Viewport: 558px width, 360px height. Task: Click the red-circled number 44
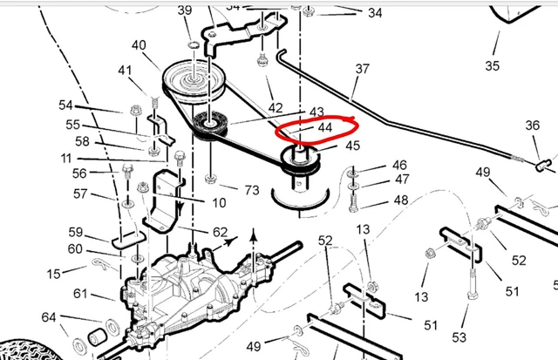(325, 127)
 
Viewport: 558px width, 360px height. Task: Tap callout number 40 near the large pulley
(139, 45)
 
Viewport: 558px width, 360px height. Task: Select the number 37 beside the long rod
(363, 69)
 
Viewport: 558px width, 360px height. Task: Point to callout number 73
(252, 190)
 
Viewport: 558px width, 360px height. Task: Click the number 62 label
(220, 232)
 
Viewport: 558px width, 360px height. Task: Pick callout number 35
(492, 65)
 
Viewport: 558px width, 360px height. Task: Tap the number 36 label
(533, 126)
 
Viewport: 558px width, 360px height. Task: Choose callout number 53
(459, 337)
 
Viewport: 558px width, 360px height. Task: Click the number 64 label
(49, 317)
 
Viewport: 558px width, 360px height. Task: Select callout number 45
(352, 146)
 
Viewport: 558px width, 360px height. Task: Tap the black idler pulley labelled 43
(210, 125)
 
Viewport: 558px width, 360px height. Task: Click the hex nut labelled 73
(211, 179)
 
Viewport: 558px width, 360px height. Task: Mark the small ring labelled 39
(194, 45)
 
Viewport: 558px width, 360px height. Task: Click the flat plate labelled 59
(129, 240)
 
